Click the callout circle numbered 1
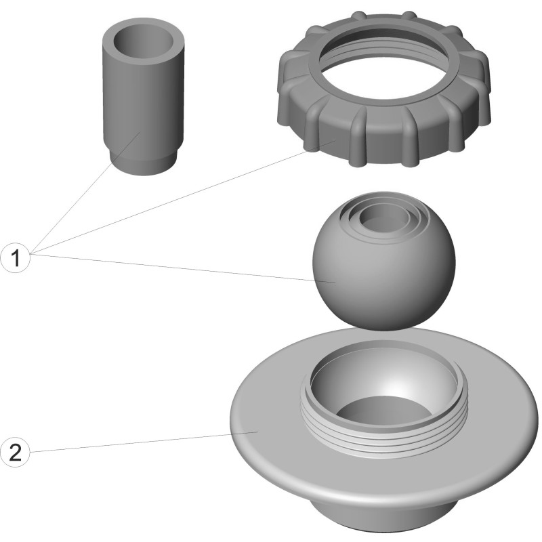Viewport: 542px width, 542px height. pos(16,258)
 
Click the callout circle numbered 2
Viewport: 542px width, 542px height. pos(16,453)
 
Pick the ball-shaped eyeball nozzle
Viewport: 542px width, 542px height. pos(383,261)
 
